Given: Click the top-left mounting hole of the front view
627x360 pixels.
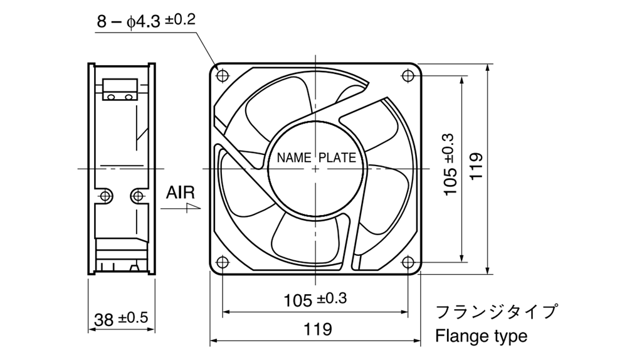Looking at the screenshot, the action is click(x=223, y=75).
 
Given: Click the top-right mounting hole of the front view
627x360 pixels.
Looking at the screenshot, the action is click(x=408, y=75).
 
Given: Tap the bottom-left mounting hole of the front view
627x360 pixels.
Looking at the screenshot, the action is click(x=223, y=262).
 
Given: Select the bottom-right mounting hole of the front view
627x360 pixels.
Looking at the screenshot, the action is click(x=408, y=262).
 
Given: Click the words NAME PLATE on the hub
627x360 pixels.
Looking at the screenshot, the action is click(x=316, y=157).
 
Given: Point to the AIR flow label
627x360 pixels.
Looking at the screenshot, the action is click(x=181, y=193).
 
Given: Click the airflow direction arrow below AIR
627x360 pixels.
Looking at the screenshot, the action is click(x=181, y=208).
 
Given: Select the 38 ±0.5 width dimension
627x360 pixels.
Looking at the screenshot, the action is click(x=121, y=319).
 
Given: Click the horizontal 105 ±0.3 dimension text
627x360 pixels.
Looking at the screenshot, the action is click(x=315, y=299).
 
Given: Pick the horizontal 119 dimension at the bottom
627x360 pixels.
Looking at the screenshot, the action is click(x=318, y=329).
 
